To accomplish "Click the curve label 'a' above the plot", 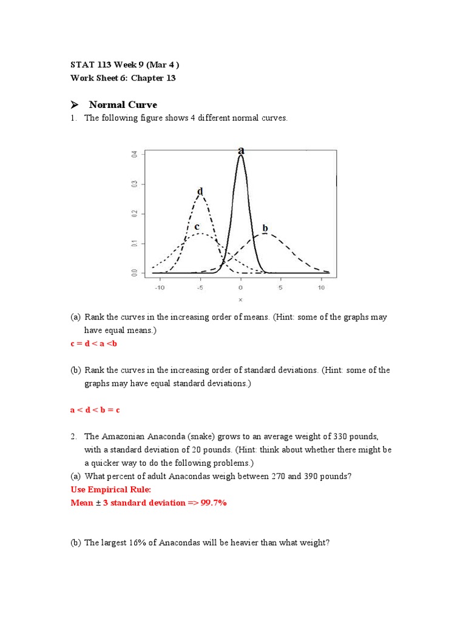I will coord(241,150).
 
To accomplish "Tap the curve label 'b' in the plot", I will coord(265,228).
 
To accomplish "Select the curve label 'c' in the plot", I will coord(197,226).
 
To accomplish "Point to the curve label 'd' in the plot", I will coord(200,192).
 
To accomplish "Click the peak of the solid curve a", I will coord(241,156).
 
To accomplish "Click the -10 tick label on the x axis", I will coord(159,287).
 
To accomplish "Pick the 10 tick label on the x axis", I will coord(321,287).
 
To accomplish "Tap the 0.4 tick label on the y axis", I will coord(135,155).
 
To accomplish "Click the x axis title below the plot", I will coord(240,300).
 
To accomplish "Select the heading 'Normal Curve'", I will coord(123,104).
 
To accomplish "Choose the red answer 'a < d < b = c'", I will coord(95,410).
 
